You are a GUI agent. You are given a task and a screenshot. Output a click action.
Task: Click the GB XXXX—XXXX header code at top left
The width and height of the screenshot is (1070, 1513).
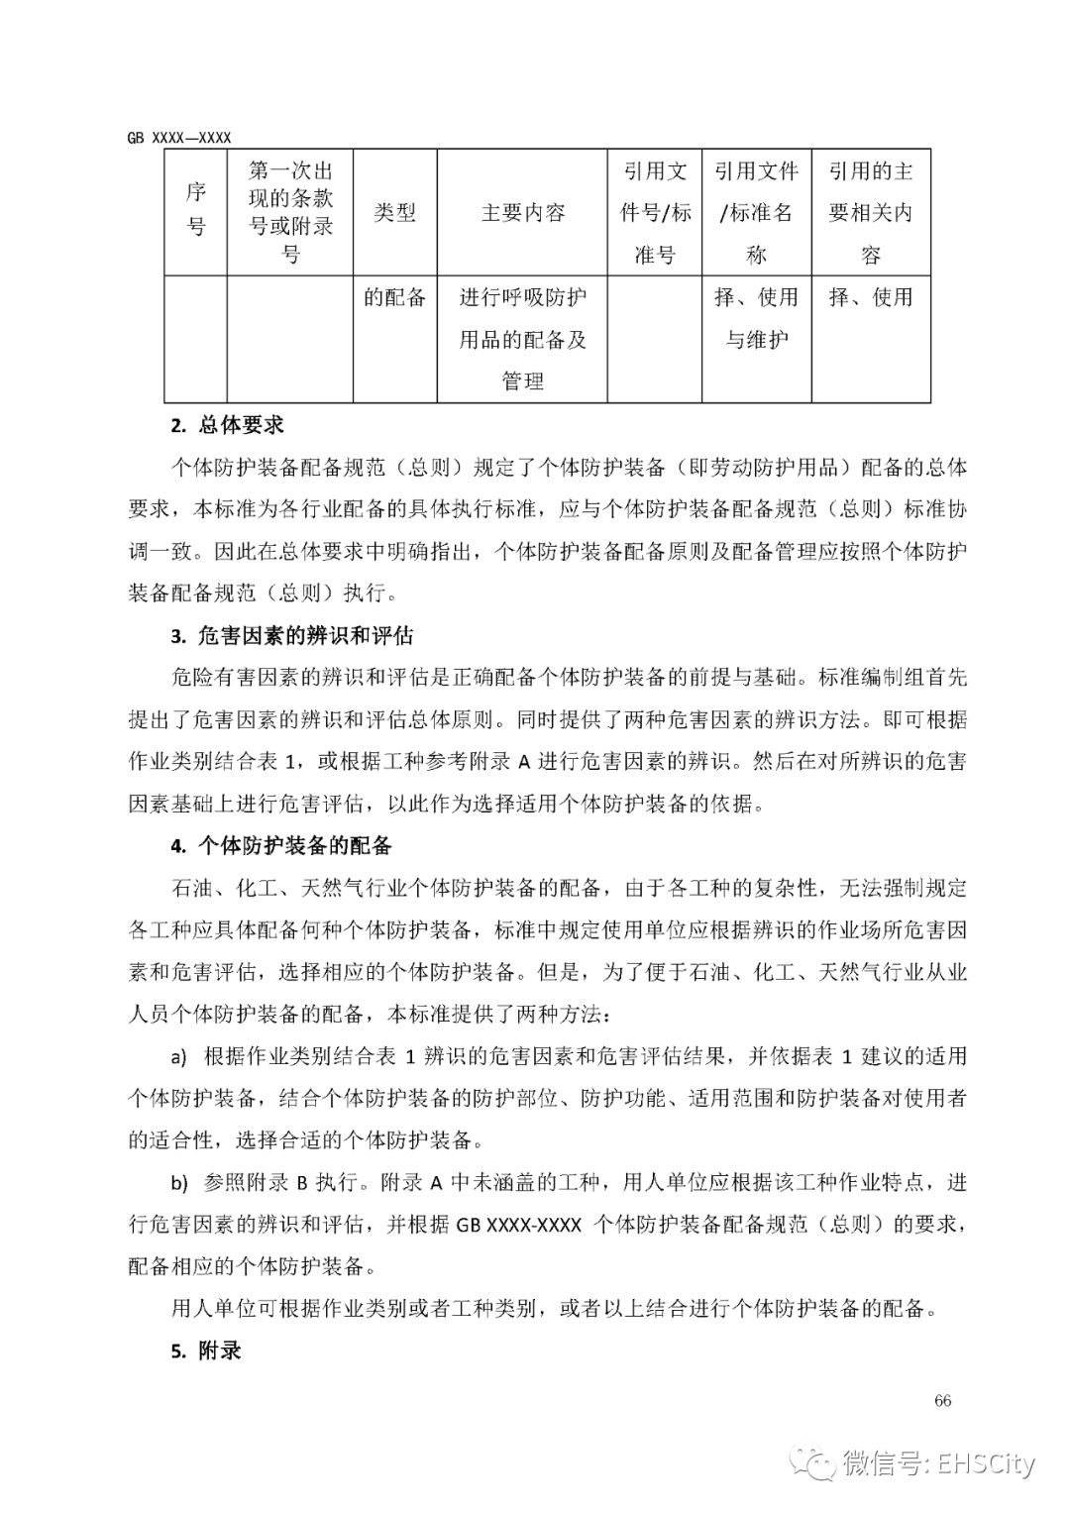coord(178,138)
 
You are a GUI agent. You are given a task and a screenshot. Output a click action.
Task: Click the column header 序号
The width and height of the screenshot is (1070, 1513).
coord(196,211)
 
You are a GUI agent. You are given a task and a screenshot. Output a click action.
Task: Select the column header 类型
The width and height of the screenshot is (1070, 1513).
coord(394,212)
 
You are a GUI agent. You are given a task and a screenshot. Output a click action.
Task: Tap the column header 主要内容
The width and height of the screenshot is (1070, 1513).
coord(522,212)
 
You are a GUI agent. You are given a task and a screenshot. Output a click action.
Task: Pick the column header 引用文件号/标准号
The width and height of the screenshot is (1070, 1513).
coord(654,212)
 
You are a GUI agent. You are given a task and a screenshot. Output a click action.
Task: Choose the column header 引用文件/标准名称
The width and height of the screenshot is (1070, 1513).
coord(756,212)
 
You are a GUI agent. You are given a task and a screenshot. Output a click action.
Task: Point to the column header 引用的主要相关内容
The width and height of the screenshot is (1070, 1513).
coord(870,212)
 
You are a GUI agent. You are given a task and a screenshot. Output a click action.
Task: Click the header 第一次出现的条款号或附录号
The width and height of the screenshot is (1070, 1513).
coord(290,212)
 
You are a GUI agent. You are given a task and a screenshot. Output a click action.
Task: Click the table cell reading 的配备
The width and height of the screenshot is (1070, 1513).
coord(394,297)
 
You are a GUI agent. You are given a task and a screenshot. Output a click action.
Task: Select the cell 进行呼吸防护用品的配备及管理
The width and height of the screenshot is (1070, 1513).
coord(522,339)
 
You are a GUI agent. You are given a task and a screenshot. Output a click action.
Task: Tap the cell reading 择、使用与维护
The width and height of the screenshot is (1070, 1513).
coord(756,318)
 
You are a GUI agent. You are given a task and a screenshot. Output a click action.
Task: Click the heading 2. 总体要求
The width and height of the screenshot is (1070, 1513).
coord(227,425)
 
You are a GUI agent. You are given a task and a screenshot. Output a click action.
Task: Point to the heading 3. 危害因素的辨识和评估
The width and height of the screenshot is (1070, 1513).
coord(291,635)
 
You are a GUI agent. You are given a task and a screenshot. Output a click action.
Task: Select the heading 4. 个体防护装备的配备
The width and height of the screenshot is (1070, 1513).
coord(281,845)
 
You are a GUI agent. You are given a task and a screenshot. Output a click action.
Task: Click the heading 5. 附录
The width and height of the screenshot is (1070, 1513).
coord(206,1351)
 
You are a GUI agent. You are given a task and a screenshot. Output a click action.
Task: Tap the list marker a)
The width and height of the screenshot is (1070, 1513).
coord(178,1057)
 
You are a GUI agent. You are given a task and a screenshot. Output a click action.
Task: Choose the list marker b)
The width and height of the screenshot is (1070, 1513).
coord(178,1183)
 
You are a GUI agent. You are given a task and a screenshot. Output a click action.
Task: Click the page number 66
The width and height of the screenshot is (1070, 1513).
coord(942,1400)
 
